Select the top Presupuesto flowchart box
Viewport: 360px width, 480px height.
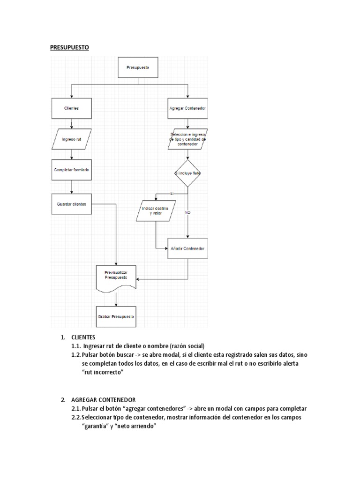point(138,67)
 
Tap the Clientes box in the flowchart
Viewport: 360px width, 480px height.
point(71,108)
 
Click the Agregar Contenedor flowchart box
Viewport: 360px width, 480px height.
point(188,108)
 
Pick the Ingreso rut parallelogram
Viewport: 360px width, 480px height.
point(72,139)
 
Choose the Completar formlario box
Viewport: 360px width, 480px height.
point(71,170)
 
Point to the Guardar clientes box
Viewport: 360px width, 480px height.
point(71,204)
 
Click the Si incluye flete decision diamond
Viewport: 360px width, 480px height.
point(188,174)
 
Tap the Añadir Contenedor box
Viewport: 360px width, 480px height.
point(188,249)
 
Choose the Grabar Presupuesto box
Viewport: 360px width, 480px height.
point(116,317)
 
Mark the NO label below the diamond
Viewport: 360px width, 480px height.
point(187,213)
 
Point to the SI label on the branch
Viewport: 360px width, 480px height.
point(172,194)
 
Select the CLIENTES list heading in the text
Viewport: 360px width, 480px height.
point(83,337)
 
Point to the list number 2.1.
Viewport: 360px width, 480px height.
point(76,409)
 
